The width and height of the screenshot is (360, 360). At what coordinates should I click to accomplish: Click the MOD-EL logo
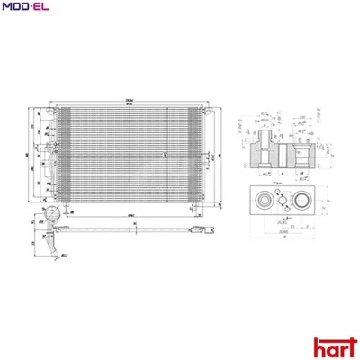[26, 8]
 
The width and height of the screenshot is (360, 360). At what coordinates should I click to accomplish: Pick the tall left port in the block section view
[262, 149]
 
